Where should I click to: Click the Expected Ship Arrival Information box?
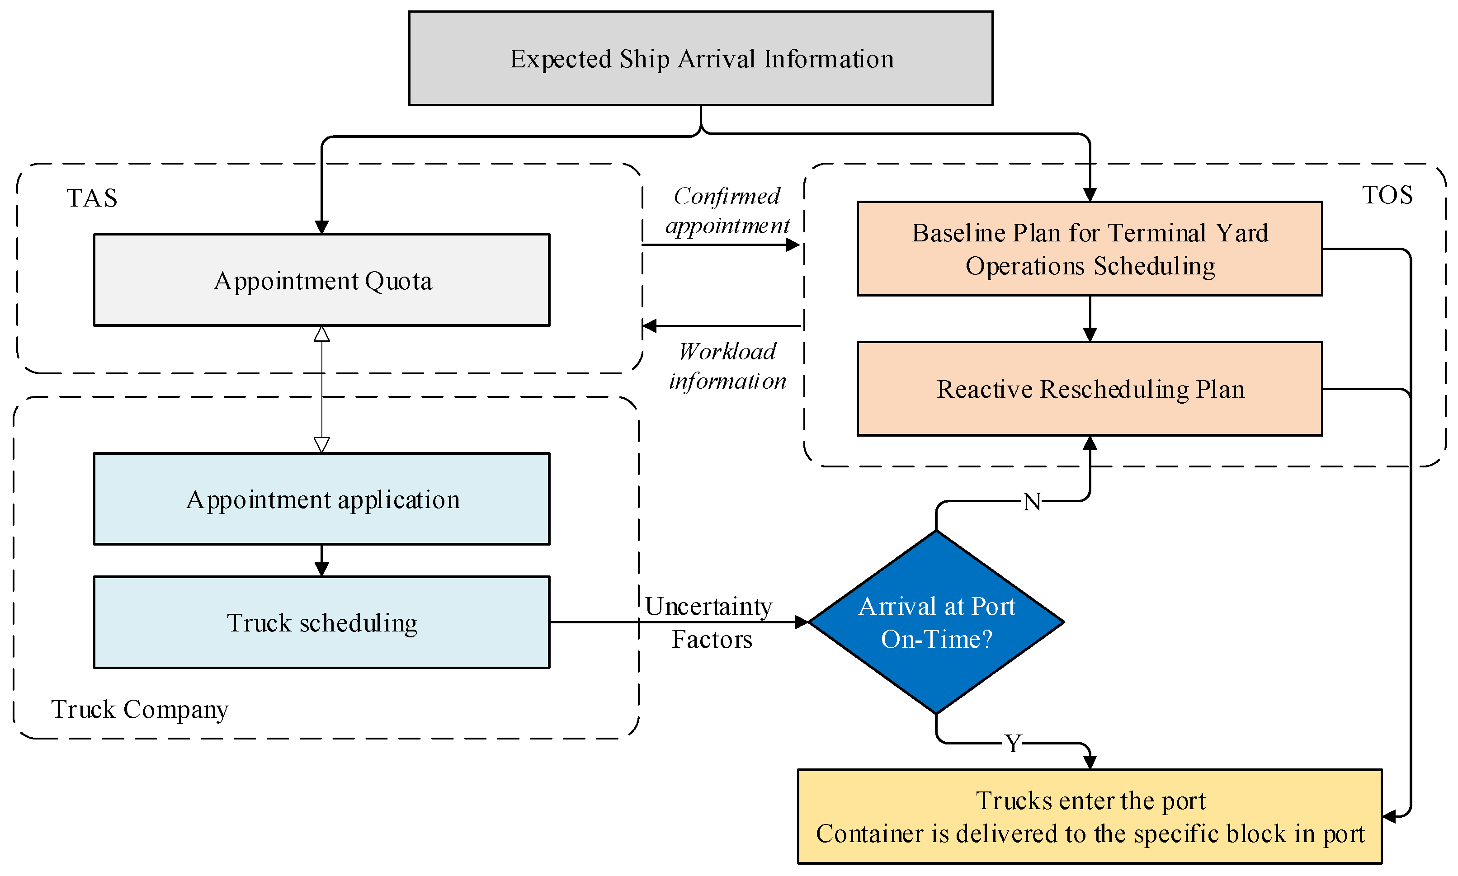point(701,58)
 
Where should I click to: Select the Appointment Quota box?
point(322,280)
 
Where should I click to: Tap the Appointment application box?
point(322,499)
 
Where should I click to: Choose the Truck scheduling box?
point(322,622)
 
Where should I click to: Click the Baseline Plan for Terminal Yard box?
point(1090,249)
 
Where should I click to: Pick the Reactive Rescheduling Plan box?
point(1090,388)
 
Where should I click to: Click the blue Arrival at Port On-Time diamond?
point(937,622)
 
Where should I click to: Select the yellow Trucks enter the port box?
point(1090,816)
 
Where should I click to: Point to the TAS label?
point(91,198)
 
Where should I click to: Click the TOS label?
point(1387,195)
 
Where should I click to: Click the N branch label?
point(1032,502)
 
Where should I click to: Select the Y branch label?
point(1013,744)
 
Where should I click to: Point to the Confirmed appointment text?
point(727,211)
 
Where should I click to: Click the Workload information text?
point(727,366)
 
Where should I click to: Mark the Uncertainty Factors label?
point(709,623)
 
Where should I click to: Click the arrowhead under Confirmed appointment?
point(793,245)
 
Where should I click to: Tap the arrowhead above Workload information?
point(649,326)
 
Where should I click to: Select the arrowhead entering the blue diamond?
point(802,622)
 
